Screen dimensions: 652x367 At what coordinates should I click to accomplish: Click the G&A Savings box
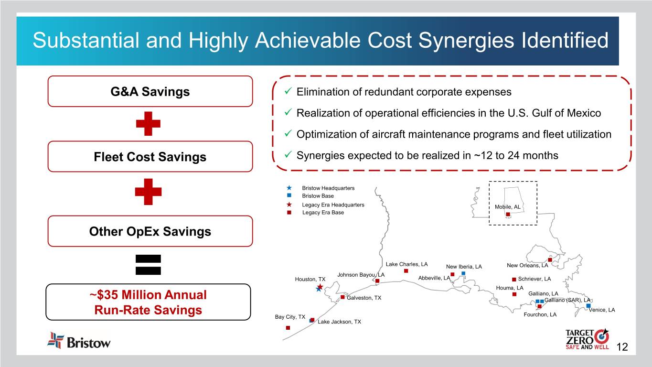click(x=150, y=91)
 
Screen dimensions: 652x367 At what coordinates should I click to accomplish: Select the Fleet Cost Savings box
click(x=150, y=156)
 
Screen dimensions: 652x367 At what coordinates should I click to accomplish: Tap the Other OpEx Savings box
click(x=150, y=231)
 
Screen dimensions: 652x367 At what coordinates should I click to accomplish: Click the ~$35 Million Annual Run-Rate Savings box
click(x=148, y=302)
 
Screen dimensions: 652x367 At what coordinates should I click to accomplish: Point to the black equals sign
click(x=148, y=265)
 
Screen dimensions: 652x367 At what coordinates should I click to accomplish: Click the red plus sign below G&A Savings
click(x=148, y=123)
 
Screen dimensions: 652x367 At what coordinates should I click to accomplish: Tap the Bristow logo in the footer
click(x=79, y=341)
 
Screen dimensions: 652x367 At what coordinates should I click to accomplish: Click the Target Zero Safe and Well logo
click(x=587, y=339)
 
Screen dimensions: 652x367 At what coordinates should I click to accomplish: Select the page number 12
click(x=622, y=347)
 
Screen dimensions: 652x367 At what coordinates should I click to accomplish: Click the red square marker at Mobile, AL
click(x=508, y=215)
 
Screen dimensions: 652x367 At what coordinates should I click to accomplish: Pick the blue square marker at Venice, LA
click(x=588, y=305)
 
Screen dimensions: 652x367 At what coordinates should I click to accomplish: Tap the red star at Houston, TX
click(x=320, y=287)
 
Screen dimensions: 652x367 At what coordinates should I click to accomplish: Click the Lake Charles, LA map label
click(x=406, y=264)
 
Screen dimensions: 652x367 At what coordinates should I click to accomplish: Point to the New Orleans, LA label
click(x=527, y=265)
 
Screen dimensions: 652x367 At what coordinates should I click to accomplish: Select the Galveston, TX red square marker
click(x=342, y=297)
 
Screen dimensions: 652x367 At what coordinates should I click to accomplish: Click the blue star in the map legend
click(x=289, y=188)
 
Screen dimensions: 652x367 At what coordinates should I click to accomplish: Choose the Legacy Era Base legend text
click(x=323, y=212)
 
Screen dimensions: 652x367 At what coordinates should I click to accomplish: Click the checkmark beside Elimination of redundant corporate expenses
click(x=288, y=91)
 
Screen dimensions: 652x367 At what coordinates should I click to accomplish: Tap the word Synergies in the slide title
click(x=466, y=40)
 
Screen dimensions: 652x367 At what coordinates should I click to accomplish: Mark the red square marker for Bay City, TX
click(x=288, y=328)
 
